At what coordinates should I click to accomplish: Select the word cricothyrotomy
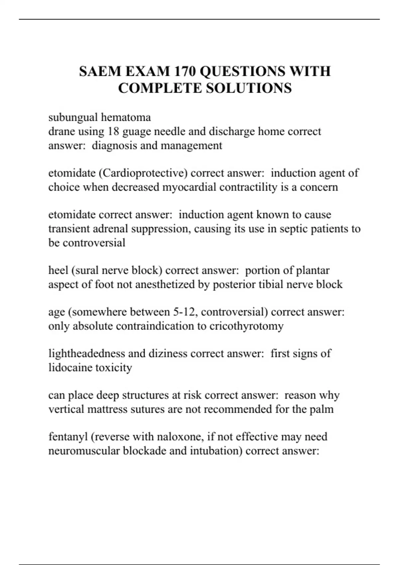(x=246, y=326)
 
